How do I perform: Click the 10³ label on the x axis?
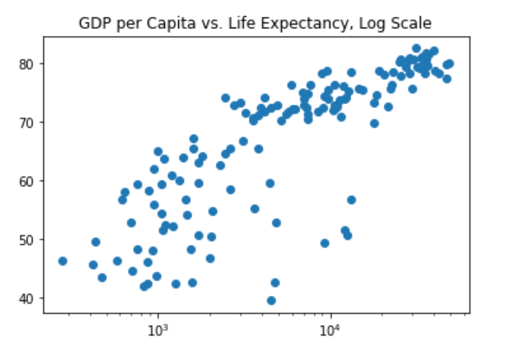[x=157, y=330]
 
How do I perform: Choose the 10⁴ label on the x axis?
[x=330, y=330]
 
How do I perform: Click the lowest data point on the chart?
[x=271, y=300]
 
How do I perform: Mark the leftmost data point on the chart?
[x=63, y=261]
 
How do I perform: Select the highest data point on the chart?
[x=416, y=49]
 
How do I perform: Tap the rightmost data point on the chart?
[x=450, y=64]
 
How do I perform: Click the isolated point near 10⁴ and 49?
[x=325, y=243]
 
